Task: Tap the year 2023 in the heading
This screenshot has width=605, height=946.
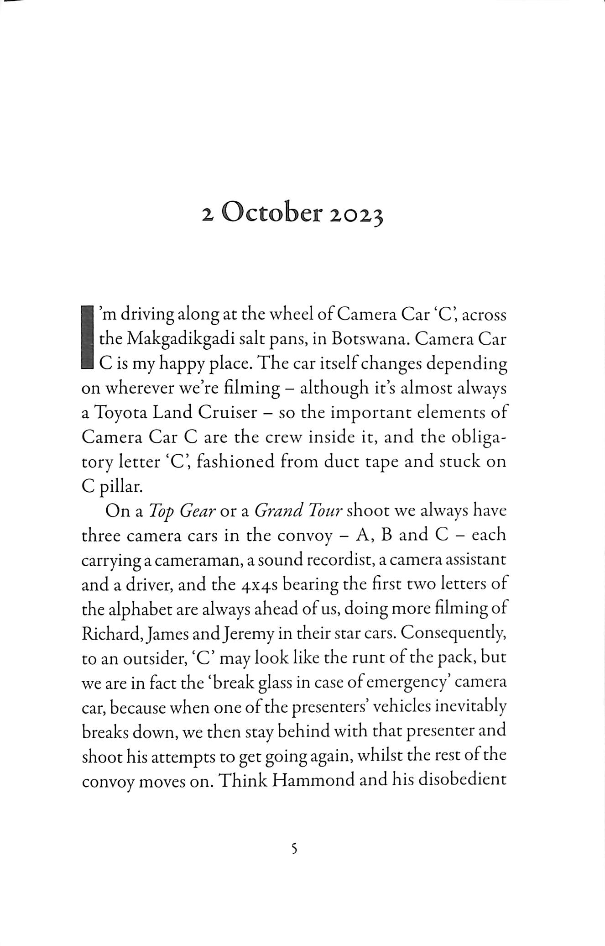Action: tap(356, 216)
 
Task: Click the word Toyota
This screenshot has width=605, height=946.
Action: tap(120, 413)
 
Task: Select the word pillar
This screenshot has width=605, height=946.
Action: tap(120, 487)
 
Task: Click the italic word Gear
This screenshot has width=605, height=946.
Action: tap(197, 511)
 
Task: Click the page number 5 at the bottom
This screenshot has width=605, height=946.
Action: tap(294, 849)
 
